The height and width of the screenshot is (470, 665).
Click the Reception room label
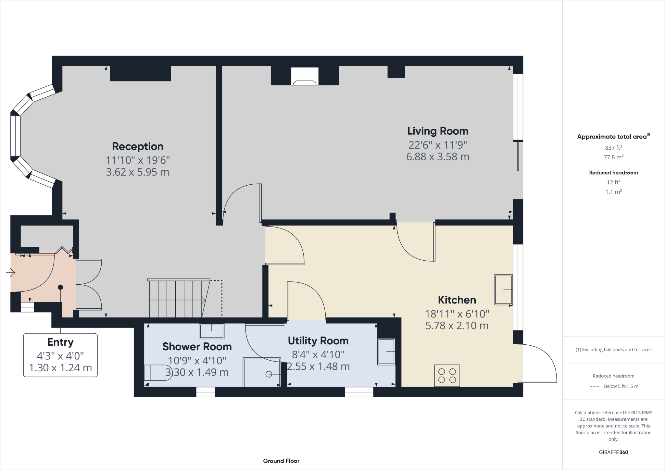(x=138, y=146)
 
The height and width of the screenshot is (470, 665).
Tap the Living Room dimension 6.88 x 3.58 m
(x=438, y=157)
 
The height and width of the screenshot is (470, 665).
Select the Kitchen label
(x=457, y=300)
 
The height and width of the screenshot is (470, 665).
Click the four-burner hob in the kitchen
(x=447, y=376)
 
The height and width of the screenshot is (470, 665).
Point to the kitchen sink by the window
(x=503, y=290)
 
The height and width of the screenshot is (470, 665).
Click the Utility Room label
(x=318, y=340)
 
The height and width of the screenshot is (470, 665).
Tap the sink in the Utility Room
(x=386, y=352)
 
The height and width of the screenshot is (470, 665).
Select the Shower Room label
(x=197, y=346)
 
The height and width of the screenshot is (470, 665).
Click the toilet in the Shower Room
(x=157, y=373)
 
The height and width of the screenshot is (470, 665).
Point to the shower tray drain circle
(x=269, y=374)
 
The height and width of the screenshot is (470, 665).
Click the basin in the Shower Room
(x=212, y=331)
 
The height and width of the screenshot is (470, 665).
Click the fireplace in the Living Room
(x=305, y=77)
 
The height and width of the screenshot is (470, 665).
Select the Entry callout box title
(x=60, y=342)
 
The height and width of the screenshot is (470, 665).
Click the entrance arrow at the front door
(x=11, y=273)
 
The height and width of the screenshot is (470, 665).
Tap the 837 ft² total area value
(x=613, y=148)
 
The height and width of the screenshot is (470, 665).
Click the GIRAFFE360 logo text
(x=613, y=452)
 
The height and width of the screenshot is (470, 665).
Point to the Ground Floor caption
(x=281, y=461)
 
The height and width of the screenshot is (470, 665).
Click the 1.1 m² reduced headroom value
(x=613, y=192)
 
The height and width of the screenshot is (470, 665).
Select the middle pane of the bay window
(x=16, y=136)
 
